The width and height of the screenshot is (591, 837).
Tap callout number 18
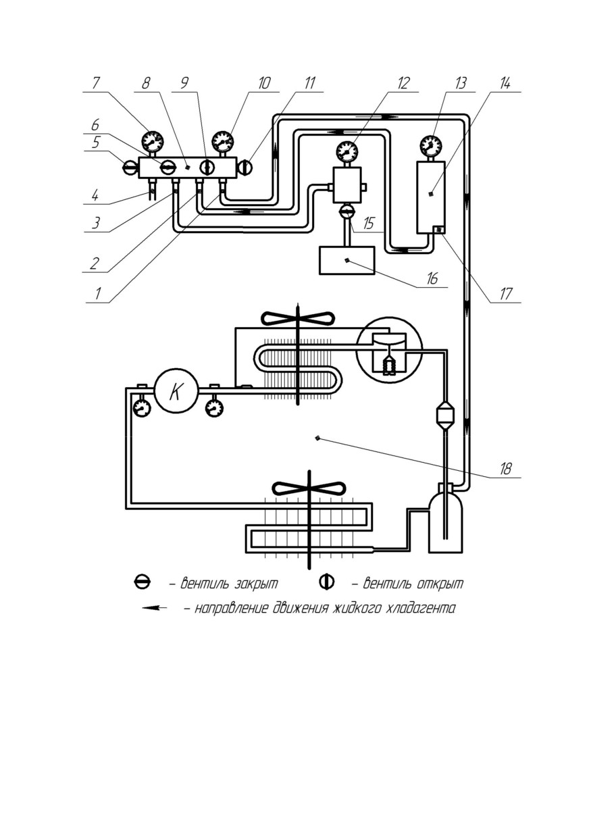(505, 469)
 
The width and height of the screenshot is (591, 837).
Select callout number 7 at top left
(96, 83)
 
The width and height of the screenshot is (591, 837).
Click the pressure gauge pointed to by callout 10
(223, 141)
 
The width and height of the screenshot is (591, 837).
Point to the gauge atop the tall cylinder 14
(431, 145)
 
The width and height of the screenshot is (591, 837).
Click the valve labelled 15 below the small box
(347, 211)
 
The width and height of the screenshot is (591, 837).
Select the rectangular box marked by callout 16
(346, 261)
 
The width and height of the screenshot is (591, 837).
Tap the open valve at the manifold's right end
(245, 167)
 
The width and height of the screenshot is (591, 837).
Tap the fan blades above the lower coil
(310, 488)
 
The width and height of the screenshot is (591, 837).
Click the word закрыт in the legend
(256, 583)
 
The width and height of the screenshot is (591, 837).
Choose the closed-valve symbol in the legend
(143, 582)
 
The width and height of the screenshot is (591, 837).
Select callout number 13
(461, 83)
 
